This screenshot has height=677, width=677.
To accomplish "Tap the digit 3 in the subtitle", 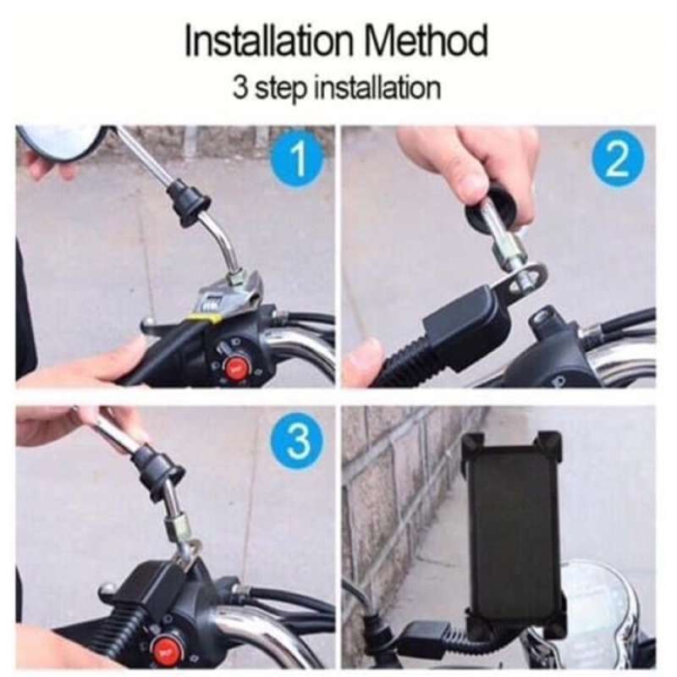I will [240, 88].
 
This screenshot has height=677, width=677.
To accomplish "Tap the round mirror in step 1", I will [59, 141].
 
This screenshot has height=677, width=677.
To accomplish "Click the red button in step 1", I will [236, 366].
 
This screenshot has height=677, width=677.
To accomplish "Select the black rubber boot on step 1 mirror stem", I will [188, 200].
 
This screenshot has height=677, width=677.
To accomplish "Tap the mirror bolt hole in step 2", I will [542, 321].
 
